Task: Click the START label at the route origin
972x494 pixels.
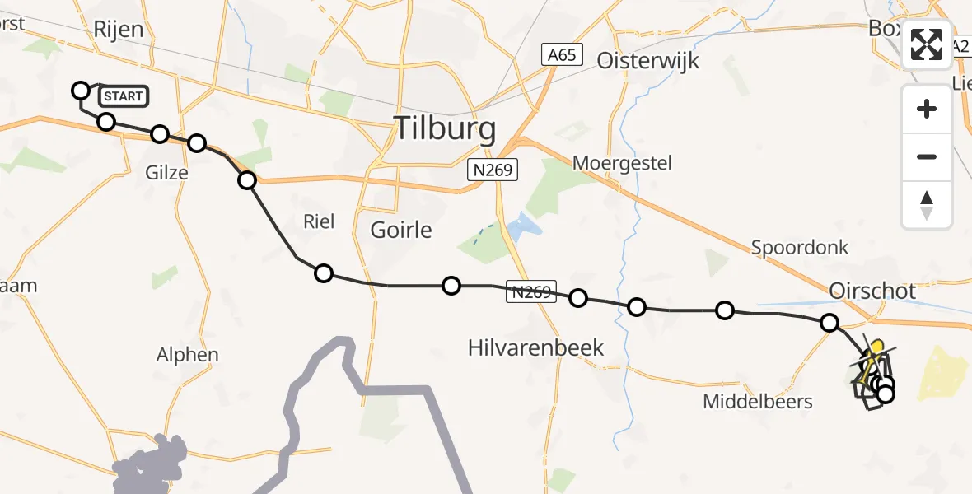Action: (124, 96)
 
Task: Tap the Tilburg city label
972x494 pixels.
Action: (446, 128)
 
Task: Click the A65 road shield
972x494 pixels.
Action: (563, 55)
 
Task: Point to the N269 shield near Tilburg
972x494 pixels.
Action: (492, 170)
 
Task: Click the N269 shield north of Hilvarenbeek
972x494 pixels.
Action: (529, 291)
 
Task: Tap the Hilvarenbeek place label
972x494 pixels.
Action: (535, 347)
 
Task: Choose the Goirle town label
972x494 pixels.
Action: (401, 229)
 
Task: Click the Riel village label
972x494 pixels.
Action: (319, 221)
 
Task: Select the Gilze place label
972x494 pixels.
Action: (166, 173)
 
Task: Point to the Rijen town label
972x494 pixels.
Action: (118, 30)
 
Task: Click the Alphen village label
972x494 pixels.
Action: (188, 355)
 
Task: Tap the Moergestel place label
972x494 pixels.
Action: (633, 163)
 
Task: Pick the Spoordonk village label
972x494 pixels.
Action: (799, 247)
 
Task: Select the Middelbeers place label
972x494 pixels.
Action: (758, 402)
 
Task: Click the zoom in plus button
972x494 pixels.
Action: (927, 109)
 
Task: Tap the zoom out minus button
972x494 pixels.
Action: (927, 156)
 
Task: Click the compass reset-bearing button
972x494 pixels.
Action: (927, 205)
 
